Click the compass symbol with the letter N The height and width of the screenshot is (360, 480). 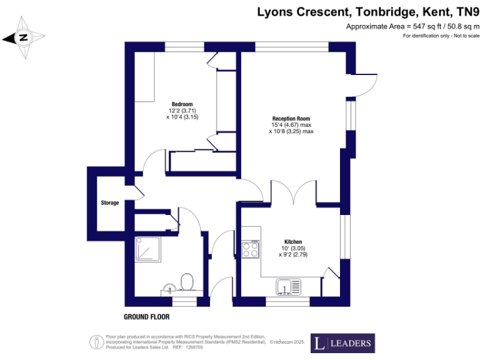[24, 37]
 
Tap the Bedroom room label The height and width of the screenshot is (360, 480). [182, 104]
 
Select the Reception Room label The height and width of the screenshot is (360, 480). [291, 118]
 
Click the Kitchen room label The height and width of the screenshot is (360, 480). [293, 242]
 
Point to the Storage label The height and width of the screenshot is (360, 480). [110, 203]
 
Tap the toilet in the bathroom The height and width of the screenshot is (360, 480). [186, 282]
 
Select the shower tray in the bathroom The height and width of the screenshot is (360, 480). [149, 250]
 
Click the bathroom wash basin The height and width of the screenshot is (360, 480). [167, 288]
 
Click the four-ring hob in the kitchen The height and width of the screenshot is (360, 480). [251, 249]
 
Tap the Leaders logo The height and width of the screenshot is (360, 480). [342, 343]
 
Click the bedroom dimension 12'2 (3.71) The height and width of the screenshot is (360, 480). [182, 111]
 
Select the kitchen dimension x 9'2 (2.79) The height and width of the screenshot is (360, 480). [293, 255]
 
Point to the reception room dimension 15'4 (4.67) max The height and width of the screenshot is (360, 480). [291, 125]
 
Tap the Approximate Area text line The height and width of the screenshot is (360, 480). [413, 26]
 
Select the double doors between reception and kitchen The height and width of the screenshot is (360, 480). [293, 191]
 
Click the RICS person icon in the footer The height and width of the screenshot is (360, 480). [96, 342]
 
